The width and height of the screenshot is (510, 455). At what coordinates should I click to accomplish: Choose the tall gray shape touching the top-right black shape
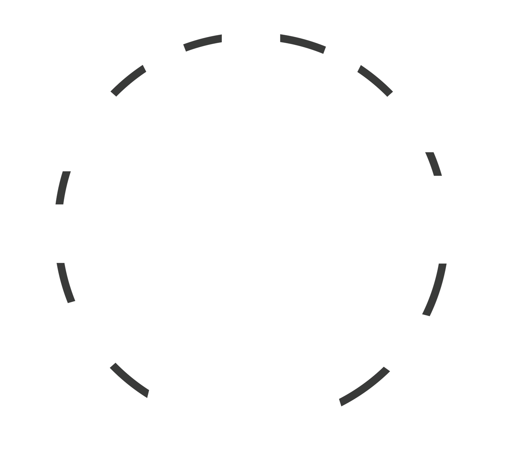(x=379, y=55)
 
